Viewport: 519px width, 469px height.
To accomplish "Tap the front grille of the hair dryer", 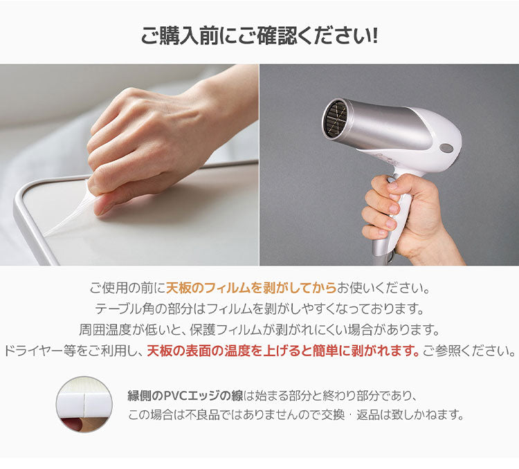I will (336, 120).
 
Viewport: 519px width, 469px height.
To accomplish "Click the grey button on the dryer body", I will (446, 147).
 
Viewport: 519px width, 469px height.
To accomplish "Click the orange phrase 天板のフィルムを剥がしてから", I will (251, 286).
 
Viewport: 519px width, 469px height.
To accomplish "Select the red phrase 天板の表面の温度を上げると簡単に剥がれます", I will (284, 351).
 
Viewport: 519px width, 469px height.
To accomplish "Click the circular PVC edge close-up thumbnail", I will (84, 405).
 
